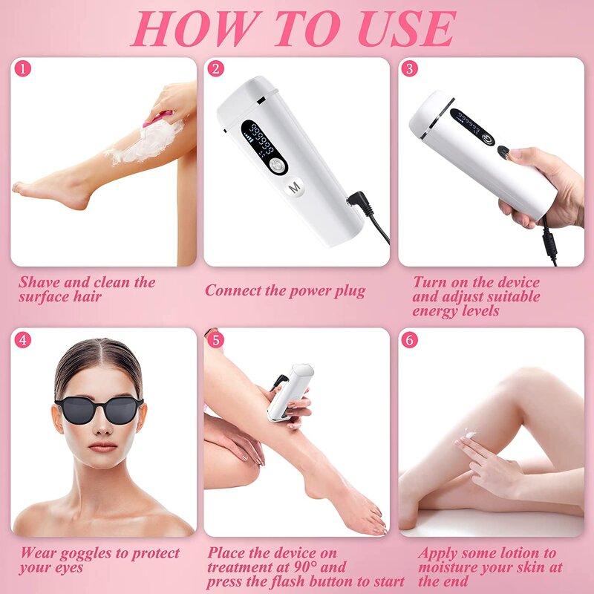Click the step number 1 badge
23,69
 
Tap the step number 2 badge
216,69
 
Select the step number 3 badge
410,69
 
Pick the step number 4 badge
23,340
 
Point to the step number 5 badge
216,340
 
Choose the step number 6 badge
410,340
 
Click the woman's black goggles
99,408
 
